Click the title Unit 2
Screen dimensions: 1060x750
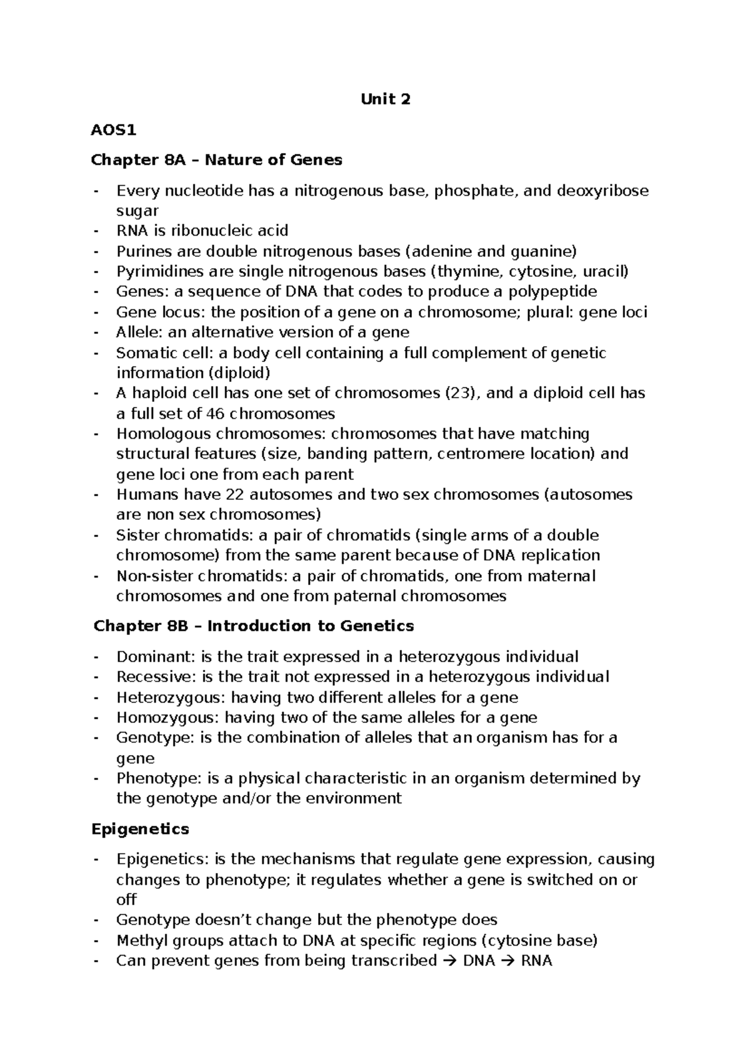pyautogui.click(x=386, y=99)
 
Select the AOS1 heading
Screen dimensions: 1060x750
pyautogui.click(x=113, y=130)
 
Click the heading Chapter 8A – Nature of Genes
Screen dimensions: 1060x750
pyautogui.click(x=216, y=160)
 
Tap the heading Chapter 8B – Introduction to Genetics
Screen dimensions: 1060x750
pyautogui.click(x=253, y=626)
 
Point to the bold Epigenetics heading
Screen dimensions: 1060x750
pyautogui.click(x=140, y=829)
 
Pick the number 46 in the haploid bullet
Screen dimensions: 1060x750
pyautogui.click(x=215, y=414)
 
